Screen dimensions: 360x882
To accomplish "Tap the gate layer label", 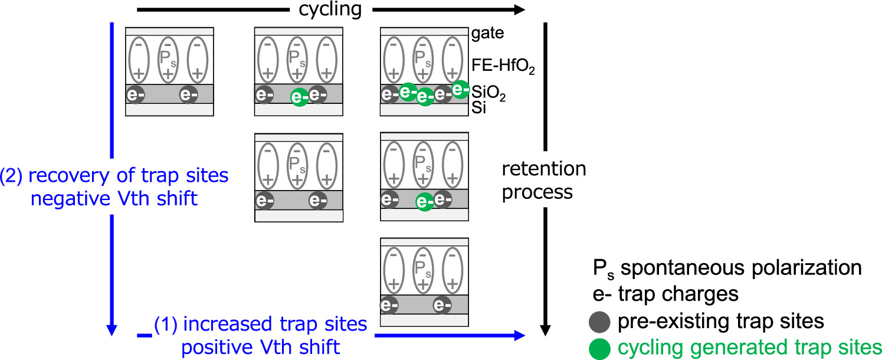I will point(487,33).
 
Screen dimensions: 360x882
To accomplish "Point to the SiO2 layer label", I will point(488,93).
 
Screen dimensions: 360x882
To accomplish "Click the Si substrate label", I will point(478,109).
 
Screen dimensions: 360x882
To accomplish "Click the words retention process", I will point(544,180).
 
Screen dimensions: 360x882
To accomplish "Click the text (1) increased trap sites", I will point(261,324).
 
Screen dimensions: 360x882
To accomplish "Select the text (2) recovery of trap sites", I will point(114,176).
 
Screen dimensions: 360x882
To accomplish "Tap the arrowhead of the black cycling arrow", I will point(519,9).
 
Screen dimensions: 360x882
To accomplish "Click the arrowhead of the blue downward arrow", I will point(112,329).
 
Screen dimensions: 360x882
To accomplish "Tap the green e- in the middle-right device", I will point(423,202).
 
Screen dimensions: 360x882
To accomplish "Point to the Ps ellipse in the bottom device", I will point(423,270).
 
